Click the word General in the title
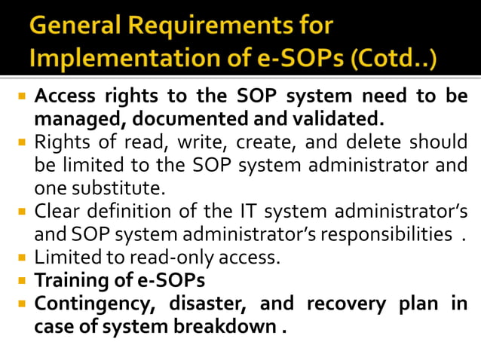[73, 27]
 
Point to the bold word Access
[65, 97]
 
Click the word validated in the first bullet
[341, 118]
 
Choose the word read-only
[170, 258]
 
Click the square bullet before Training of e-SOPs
[23, 281]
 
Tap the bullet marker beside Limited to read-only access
[23, 258]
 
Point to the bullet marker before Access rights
[23, 97]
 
